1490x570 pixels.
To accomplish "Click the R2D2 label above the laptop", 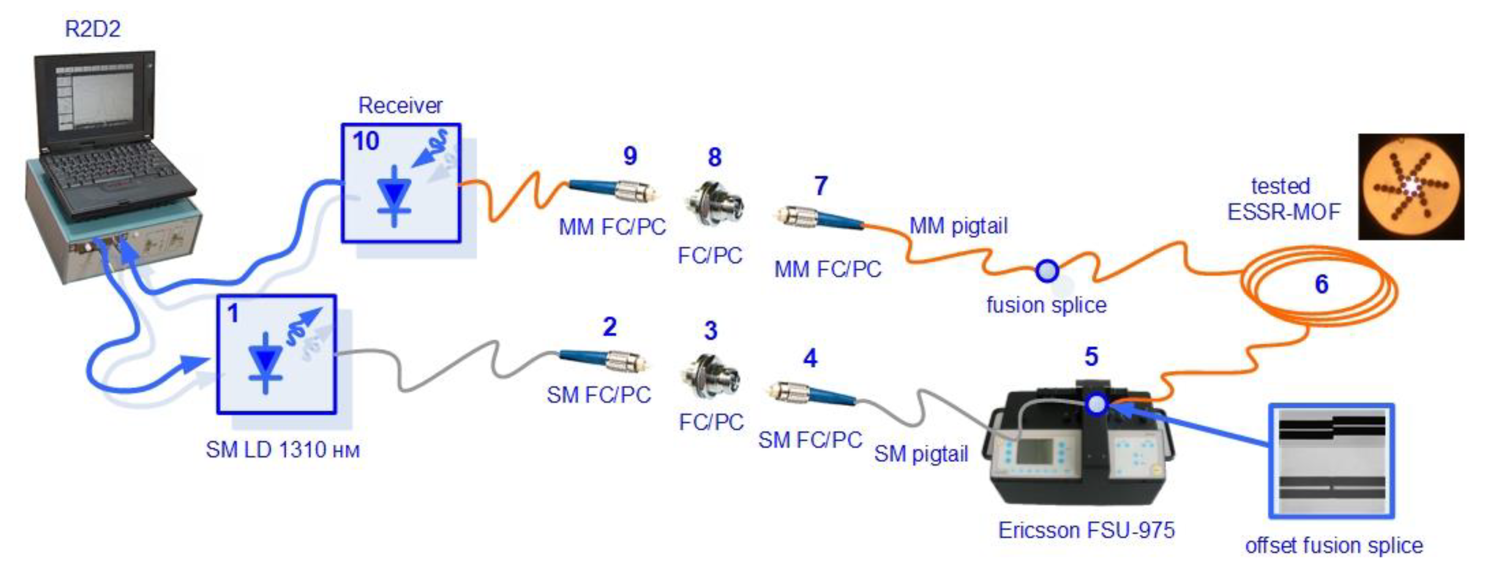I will pos(93,29).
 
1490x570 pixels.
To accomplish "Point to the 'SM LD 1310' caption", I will pos(282,450).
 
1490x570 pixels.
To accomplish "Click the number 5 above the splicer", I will pos(1091,356).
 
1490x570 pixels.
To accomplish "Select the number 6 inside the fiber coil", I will pos(1321,284).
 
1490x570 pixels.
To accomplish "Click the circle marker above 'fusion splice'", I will pos(1047,271).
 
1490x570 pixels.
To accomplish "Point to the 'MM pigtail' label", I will pos(958,226).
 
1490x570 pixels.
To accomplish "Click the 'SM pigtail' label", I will pos(921,454).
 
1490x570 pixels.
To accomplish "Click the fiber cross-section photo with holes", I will pos(1411,187).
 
